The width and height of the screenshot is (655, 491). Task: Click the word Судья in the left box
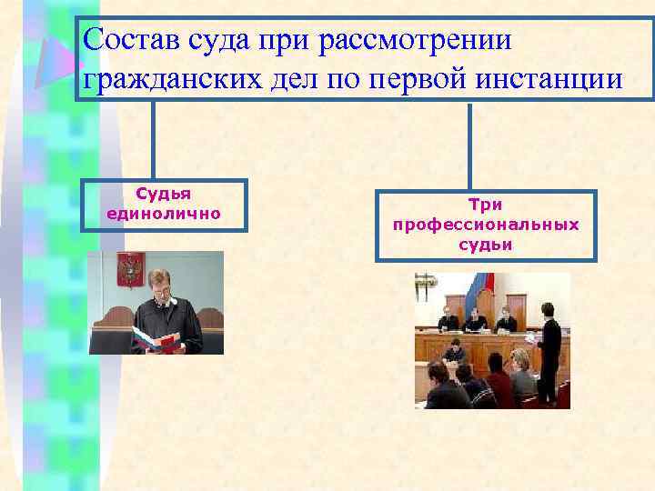click(163, 195)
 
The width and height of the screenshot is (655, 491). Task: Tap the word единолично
click(163, 215)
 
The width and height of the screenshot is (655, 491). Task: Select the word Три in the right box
click(485, 205)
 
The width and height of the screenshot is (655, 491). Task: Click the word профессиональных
click(485, 225)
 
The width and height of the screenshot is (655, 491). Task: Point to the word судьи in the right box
click(485, 244)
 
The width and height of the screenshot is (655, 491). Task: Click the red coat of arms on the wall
click(130, 270)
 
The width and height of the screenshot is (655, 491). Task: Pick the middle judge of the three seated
click(473, 320)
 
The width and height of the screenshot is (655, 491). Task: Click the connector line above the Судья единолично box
click(154, 141)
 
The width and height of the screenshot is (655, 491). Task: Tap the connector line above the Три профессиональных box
click(469, 146)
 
